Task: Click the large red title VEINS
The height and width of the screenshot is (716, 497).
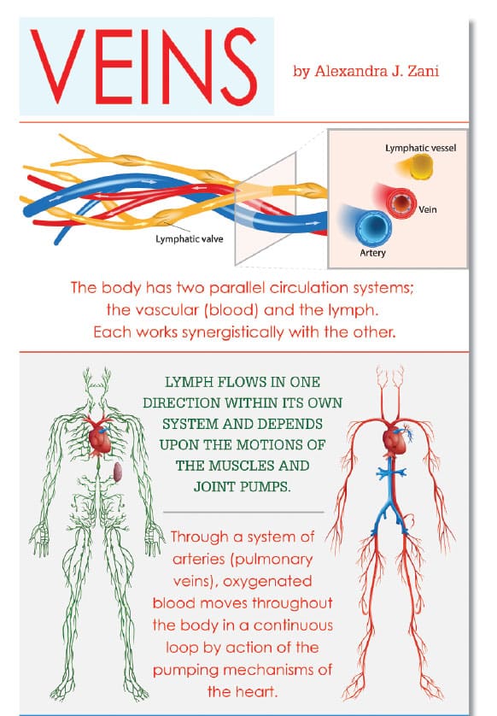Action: click(x=143, y=66)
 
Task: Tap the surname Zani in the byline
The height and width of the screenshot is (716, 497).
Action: click(x=423, y=71)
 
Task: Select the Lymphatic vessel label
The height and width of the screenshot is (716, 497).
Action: click(x=420, y=148)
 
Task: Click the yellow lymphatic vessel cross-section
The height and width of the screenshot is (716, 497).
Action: click(x=419, y=167)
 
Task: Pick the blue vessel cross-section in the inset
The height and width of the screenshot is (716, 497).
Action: click(x=372, y=227)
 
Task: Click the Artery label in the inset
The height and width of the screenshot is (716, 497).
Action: click(x=372, y=253)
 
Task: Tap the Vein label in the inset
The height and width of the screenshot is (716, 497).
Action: click(x=428, y=209)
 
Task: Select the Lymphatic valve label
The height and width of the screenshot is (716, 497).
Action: click(x=190, y=239)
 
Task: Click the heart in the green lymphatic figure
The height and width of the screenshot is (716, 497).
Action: click(x=101, y=437)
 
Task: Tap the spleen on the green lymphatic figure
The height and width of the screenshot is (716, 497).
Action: click(x=118, y=472)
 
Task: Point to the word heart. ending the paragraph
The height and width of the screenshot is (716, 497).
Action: click(x=255, y=691)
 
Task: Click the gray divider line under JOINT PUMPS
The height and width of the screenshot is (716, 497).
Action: click(x=243, y=513)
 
